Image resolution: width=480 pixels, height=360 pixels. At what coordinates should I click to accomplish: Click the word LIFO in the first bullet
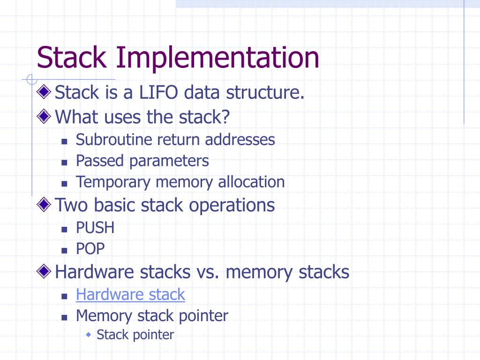[x=158, y=93]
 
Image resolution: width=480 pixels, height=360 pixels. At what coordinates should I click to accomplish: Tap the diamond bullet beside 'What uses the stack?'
[x=44, y=116]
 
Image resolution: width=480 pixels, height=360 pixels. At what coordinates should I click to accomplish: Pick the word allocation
[x=251, y=182]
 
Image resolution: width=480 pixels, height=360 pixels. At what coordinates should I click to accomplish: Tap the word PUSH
[x=95, y=228]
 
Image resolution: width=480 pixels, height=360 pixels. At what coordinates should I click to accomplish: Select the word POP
[x=90, y=248]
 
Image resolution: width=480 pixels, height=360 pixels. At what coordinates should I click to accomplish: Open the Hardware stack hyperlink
[x=130, y=295]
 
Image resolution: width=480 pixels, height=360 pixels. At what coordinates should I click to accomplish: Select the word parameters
[x=169, y=161]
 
